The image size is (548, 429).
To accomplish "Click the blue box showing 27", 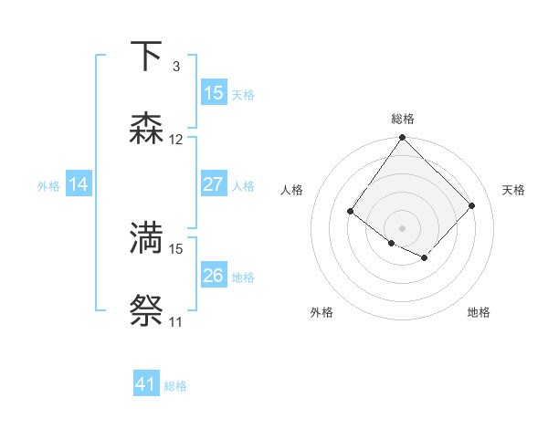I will click(213, 184).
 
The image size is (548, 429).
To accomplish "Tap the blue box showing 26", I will click(213, 276).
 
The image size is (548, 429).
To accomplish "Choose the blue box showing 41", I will click(146, 384).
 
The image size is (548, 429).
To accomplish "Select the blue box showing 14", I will click(79, 184).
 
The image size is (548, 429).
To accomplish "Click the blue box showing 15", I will click(213, 93).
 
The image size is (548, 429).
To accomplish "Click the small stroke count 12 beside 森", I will click(176, 140).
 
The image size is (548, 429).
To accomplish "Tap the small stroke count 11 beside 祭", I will click(176, 321).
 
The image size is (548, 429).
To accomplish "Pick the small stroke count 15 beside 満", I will click(176, 247).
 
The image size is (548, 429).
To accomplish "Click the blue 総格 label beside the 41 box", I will click(175, 386).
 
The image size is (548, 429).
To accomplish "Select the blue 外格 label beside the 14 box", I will click(48, 186).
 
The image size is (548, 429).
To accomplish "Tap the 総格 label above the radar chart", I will click(403, 119).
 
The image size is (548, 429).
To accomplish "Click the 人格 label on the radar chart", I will click(292, 190).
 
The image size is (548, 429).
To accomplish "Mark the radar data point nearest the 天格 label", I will click(472, 205).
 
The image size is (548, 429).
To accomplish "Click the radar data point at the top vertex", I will click(403, 138).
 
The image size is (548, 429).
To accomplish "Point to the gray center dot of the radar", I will click(403, 227).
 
